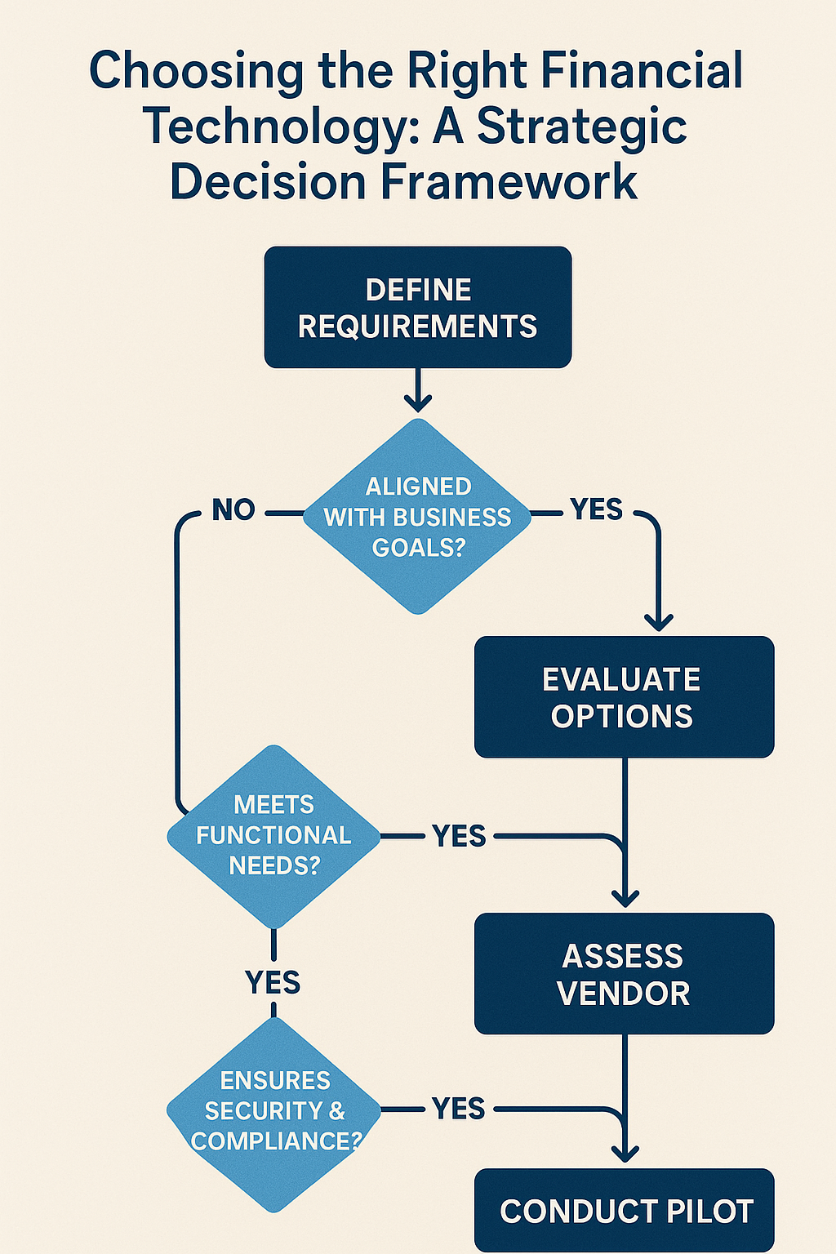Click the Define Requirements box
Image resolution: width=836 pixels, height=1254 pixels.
[417, 307]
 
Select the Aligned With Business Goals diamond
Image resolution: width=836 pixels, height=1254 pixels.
[417, 516]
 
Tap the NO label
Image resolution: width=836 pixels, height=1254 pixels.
[233, 510]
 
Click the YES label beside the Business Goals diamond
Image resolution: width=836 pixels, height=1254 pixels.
[597, 509]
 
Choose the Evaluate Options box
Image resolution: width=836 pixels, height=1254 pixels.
[624, 697]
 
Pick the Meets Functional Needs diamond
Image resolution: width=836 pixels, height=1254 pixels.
[273, 836]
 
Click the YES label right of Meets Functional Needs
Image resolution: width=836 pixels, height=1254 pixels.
[459, 836]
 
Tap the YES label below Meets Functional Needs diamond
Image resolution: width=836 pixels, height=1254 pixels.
[273, 982]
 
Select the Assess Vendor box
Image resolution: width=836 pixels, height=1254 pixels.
[624, 974]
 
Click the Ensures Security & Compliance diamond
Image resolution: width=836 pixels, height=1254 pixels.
[273, 1112]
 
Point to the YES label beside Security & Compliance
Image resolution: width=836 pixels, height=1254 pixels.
[459, 1109]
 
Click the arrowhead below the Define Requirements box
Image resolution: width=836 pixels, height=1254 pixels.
[417, 402]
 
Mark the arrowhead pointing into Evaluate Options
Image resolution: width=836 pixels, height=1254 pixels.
[659, 621]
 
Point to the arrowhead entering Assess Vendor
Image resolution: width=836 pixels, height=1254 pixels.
[625, 898]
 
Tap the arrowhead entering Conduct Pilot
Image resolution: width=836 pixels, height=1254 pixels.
[625, 1153]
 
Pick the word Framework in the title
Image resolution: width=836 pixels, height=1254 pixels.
[509, 181]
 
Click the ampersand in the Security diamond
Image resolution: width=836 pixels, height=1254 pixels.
[336, 1111]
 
